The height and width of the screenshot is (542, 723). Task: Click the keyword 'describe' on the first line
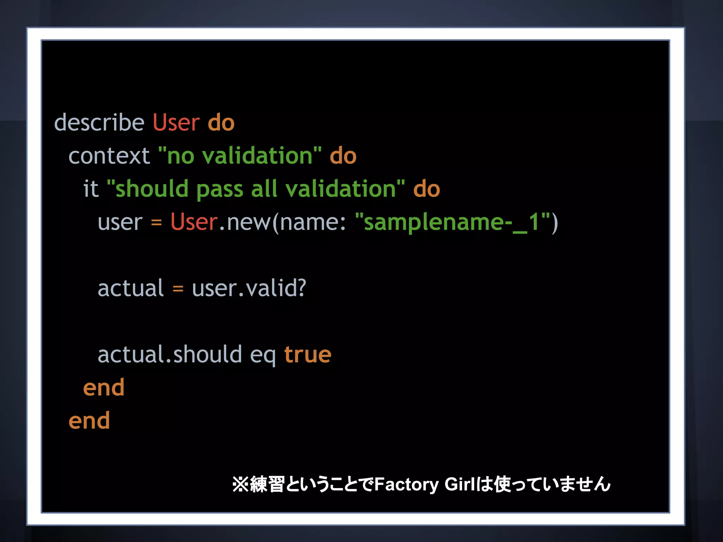[99, 122]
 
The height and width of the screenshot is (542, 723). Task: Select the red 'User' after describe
[176, 122]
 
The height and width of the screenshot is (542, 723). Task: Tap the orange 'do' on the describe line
[221, 122]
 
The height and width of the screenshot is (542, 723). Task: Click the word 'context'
[109, 156]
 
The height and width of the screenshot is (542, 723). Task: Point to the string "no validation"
[240, 156]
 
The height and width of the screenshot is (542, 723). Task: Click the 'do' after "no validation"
[343, 156]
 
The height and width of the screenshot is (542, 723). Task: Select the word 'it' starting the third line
[90, 188]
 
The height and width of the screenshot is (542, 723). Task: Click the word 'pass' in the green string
[219, 189]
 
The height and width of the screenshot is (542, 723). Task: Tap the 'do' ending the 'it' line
[426, 188]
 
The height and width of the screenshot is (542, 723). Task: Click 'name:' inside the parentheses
[313, 222]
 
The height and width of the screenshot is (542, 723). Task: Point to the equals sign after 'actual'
[178, 289]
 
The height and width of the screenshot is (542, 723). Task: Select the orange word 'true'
[307, 354]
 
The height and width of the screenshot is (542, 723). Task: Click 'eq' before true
[263, 355]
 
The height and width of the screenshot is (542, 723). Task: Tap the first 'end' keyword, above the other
[103, 387]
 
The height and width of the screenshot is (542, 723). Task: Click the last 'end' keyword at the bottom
[89, 421]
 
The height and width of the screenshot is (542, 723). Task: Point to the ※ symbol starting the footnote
[240, 484]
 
